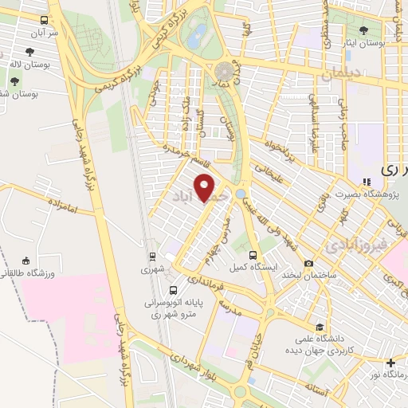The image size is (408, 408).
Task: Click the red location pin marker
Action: (x=206, y=188)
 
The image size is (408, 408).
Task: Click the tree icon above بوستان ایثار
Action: (x=364, y=31)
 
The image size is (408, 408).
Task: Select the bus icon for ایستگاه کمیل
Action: (x=253, y=256)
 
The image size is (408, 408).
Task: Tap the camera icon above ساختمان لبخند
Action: (x=308, y=264)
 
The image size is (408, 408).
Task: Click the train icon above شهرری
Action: (x=151, y=257)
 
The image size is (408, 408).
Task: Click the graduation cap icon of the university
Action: (x=320, y=328)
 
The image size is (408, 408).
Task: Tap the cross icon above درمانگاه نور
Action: (x=390, y=363)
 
